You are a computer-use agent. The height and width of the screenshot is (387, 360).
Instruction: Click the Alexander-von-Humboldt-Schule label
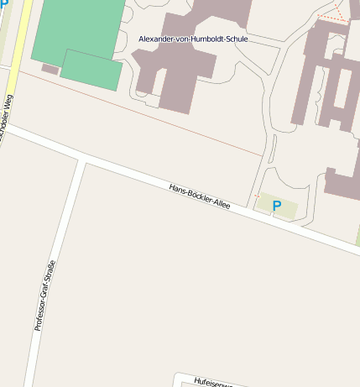(x=193, y=39)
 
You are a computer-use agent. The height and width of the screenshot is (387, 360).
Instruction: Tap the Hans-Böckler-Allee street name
(x=199, y=196)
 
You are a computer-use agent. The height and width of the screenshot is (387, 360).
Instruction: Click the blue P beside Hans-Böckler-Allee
(x=276, y=206)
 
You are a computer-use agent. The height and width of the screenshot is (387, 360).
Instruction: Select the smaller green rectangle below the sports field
(x=91, y=70)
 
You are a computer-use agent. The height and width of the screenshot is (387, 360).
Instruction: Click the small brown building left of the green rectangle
(x=50, y=69)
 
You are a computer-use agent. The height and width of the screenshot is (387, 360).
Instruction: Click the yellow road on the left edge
(x=16, y=50)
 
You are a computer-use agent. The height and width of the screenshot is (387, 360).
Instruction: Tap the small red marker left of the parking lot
(x=256, y=196)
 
